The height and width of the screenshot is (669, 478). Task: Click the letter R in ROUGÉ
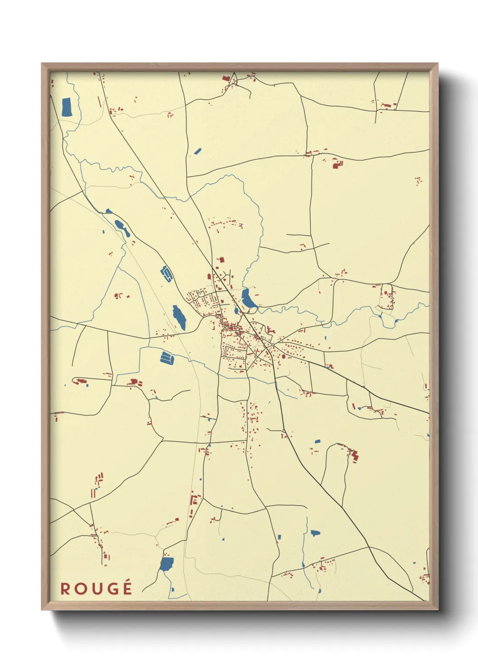coord(66,589)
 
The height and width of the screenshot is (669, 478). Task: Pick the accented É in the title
coord(127,588)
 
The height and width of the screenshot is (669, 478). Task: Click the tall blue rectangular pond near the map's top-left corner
coord(66,107)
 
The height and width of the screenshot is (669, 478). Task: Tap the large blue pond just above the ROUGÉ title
coord(167,564)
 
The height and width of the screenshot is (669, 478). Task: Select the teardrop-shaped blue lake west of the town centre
coord(179,317)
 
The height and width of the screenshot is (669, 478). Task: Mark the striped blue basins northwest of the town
coord(166,274)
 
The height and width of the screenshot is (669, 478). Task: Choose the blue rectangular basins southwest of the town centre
coord(167,358)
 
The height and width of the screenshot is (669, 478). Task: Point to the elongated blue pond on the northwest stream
coord(122,228)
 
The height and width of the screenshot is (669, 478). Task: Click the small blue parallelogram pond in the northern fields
coord(197,151)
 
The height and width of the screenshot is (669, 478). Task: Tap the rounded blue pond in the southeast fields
coord(314,533)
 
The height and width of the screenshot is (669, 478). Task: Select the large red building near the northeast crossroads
coord(337,164)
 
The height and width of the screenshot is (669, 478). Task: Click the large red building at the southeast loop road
coord(355,455)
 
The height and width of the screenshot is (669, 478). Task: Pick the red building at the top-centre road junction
coord(226,79)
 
